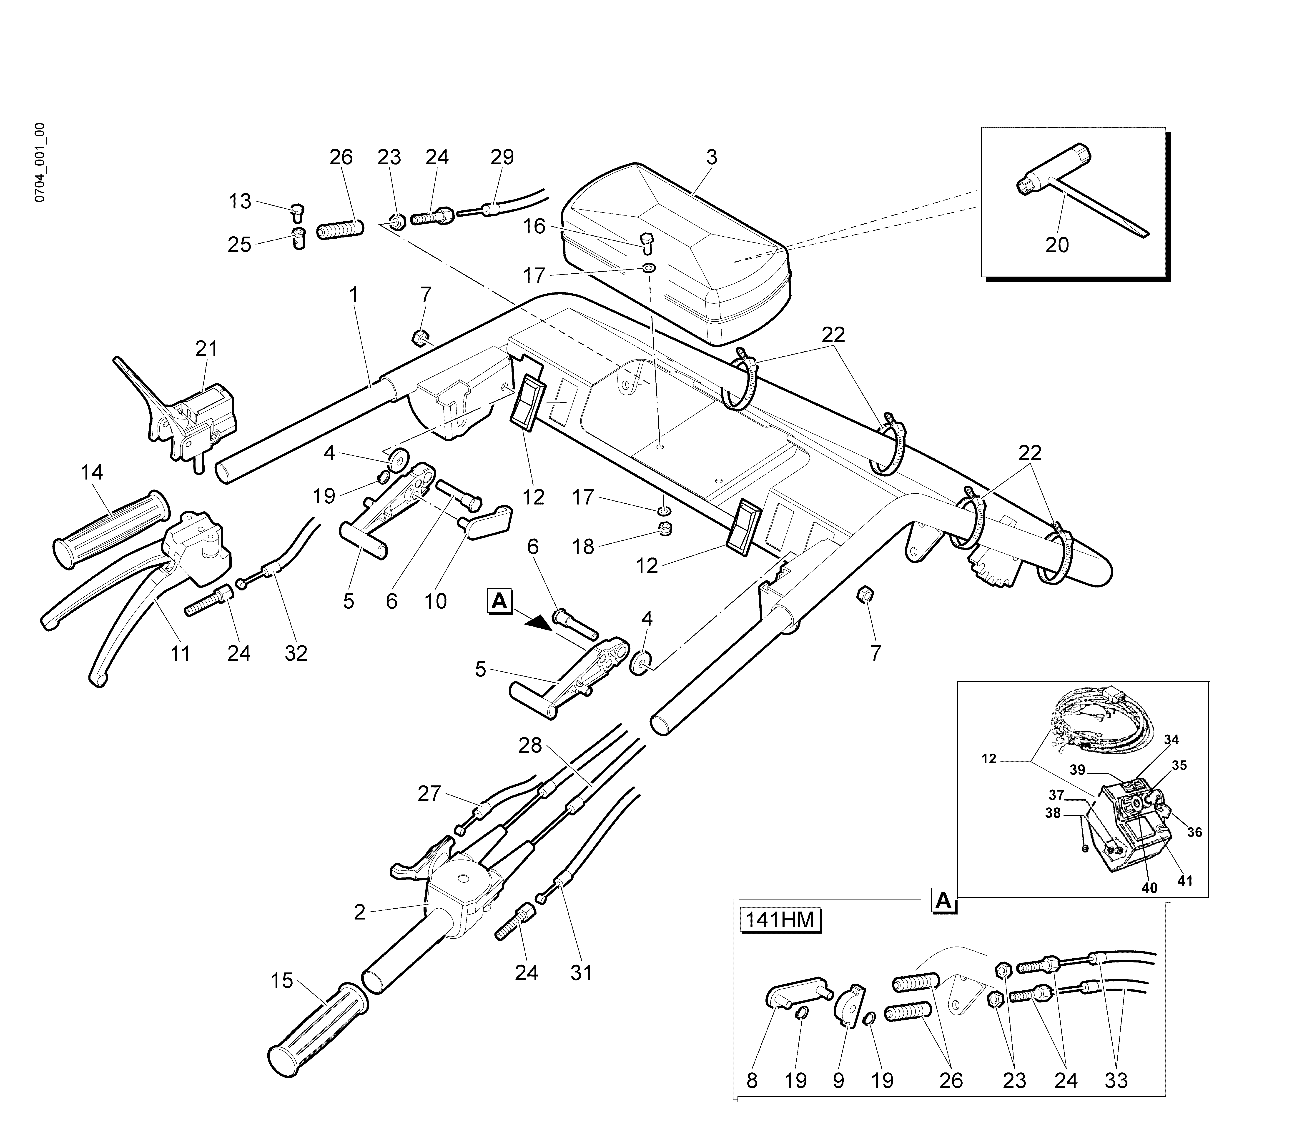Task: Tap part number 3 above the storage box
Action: click(712, 158)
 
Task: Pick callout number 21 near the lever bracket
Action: click(206, 349)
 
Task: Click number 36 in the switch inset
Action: click(1194, 832)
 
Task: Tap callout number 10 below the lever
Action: click(436, 601)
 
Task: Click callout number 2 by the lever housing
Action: click(360, 912)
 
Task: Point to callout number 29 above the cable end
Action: click(502, 158)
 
